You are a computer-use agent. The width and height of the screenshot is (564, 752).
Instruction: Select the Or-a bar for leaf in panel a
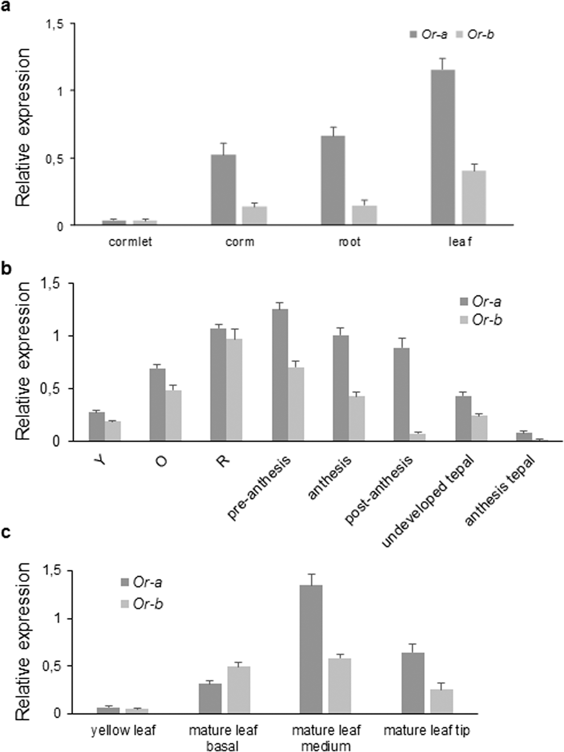[x=442, y=147]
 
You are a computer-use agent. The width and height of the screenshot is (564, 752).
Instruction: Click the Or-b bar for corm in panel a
[x=254, y=215]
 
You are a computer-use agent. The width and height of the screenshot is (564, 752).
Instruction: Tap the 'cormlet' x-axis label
[x=130, y=242]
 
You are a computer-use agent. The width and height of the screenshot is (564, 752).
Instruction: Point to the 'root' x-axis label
[x=349, y=242]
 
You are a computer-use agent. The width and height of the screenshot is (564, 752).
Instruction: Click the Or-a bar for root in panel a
[x=333, y=180]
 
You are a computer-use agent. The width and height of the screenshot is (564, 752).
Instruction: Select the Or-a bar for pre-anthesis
[x=280, y=375]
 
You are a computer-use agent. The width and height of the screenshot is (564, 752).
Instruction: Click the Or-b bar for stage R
[x=234, y=390]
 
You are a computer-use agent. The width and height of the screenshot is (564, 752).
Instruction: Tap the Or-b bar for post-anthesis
[x=418, y=437]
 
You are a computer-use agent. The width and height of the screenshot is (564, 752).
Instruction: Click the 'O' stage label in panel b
[x=161, y=461]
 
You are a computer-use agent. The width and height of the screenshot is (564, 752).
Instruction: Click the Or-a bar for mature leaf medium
[x=311, y=649]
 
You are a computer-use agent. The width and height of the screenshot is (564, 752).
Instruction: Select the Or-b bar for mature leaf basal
[x=239, y=689]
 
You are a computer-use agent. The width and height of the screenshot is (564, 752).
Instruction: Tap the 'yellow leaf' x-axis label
[x=123, y=730]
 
